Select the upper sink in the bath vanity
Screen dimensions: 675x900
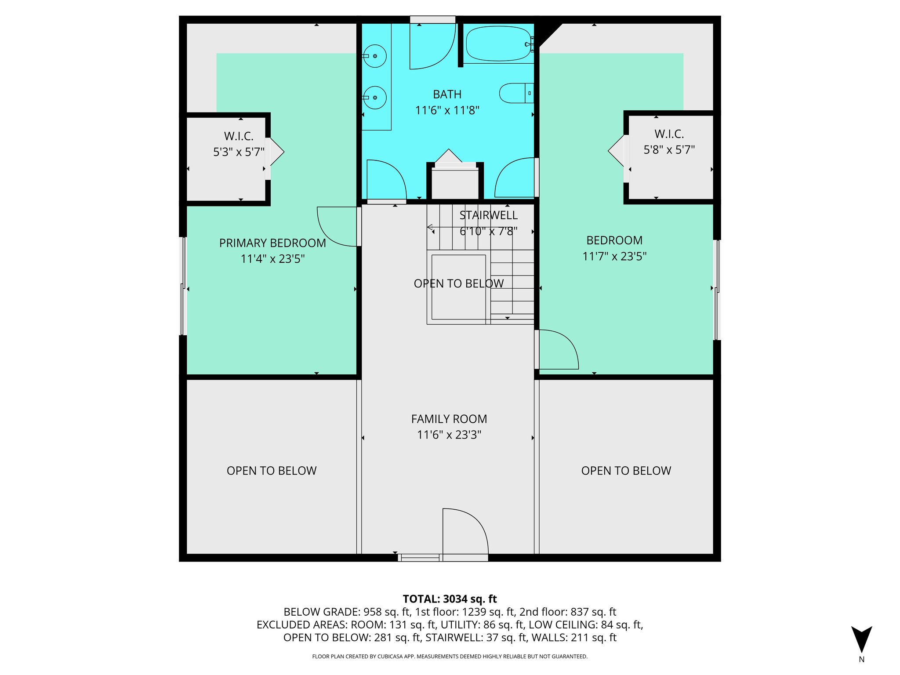(375, 56)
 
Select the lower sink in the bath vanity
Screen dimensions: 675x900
(375, 98)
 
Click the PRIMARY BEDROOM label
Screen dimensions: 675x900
(272, 243)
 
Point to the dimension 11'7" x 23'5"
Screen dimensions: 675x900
(614, 256)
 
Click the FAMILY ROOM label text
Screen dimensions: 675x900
(449, 419)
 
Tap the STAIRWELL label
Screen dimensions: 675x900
(488, 215)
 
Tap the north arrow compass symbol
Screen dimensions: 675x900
(861, 639)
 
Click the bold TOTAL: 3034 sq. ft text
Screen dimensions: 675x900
(450, 599)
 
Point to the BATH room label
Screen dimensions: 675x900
(447, 94)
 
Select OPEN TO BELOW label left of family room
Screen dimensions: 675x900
(272, 471)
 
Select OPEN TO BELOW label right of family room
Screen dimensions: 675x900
(626, 471)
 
